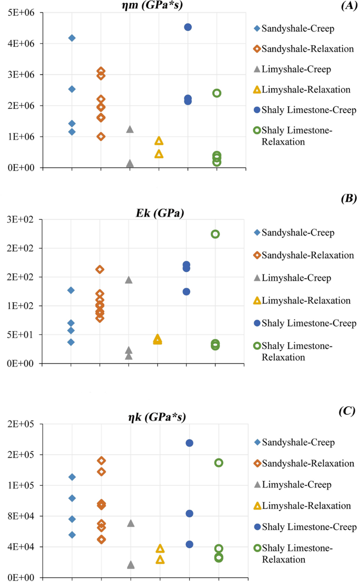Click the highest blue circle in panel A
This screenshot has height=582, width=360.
188,27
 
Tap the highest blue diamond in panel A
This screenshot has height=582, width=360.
71,38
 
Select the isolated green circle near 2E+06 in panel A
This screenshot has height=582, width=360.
217,93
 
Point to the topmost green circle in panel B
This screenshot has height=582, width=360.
215,234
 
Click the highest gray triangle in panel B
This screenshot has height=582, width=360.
129,280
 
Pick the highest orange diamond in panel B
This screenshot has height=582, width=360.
100,269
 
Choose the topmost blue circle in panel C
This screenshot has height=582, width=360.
189,443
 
